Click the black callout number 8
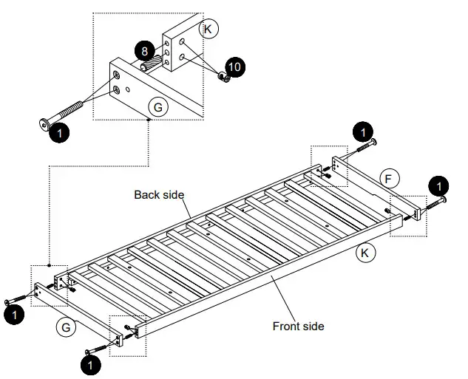pyautogui.click(x=144, y=51)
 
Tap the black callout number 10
pyautogui.click(x=234, y=67)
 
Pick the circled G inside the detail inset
pyautogui.click(x=157, y=108)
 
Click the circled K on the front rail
pyautogui.click(x=364, y=253)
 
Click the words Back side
pyautogui.click(x=158, y=195)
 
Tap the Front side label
pyautogui.click(x=298, y=326)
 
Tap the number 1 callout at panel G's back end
pyautogui.click(x=14, y=315)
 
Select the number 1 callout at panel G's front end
pyautogui.click(x=92, y=364)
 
